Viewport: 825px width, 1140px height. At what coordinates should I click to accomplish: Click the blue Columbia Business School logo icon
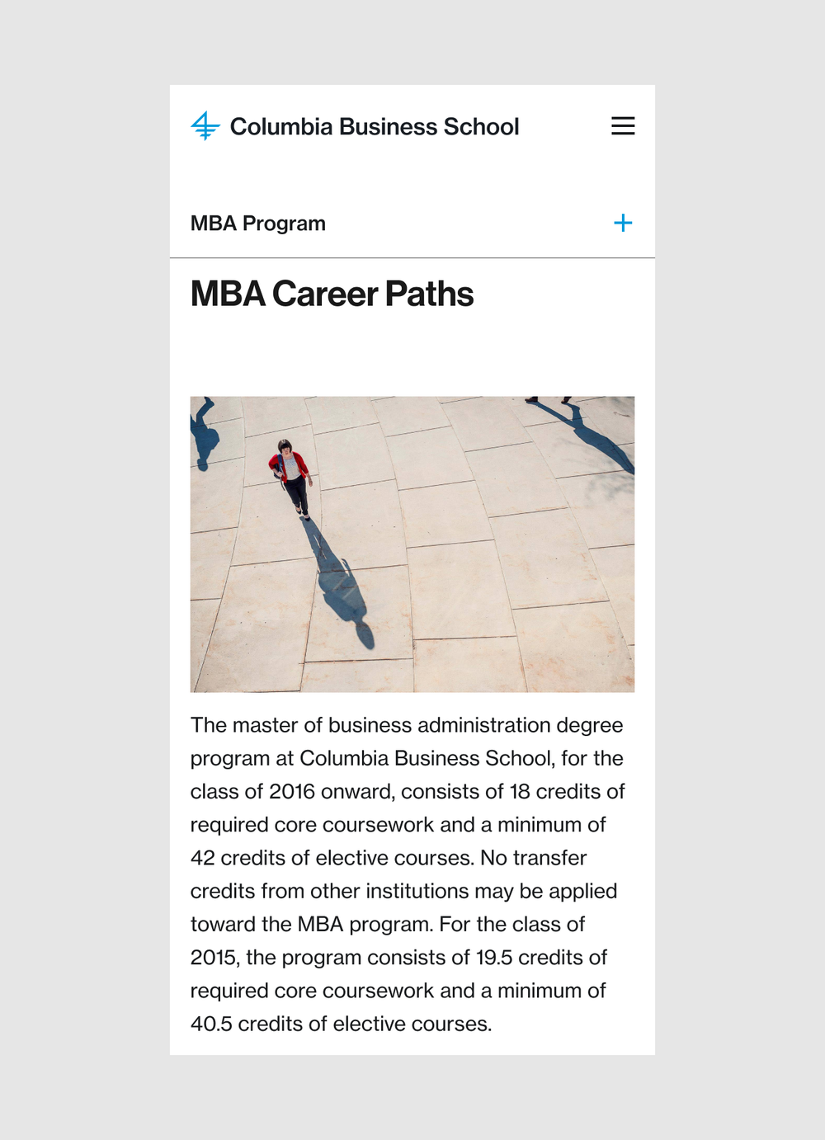tap(205, 126)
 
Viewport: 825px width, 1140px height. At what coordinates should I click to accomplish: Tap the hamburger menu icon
tap(623, 125)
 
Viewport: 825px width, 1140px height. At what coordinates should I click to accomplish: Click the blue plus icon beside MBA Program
tap(623, 223)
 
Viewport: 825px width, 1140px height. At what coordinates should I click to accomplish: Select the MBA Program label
tap(257, 224)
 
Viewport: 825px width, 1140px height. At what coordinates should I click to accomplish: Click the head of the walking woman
tap(285, 446)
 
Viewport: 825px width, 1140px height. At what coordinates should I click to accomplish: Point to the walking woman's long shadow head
tap(364, 635)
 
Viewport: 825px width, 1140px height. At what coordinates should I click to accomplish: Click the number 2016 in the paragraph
tap(292, 792)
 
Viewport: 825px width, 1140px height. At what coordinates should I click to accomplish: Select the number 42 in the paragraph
tap(203, 858)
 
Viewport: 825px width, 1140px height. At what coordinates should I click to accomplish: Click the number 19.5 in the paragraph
tap(493, 958)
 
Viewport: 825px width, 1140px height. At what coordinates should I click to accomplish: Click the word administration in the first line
tap(484, 725)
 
